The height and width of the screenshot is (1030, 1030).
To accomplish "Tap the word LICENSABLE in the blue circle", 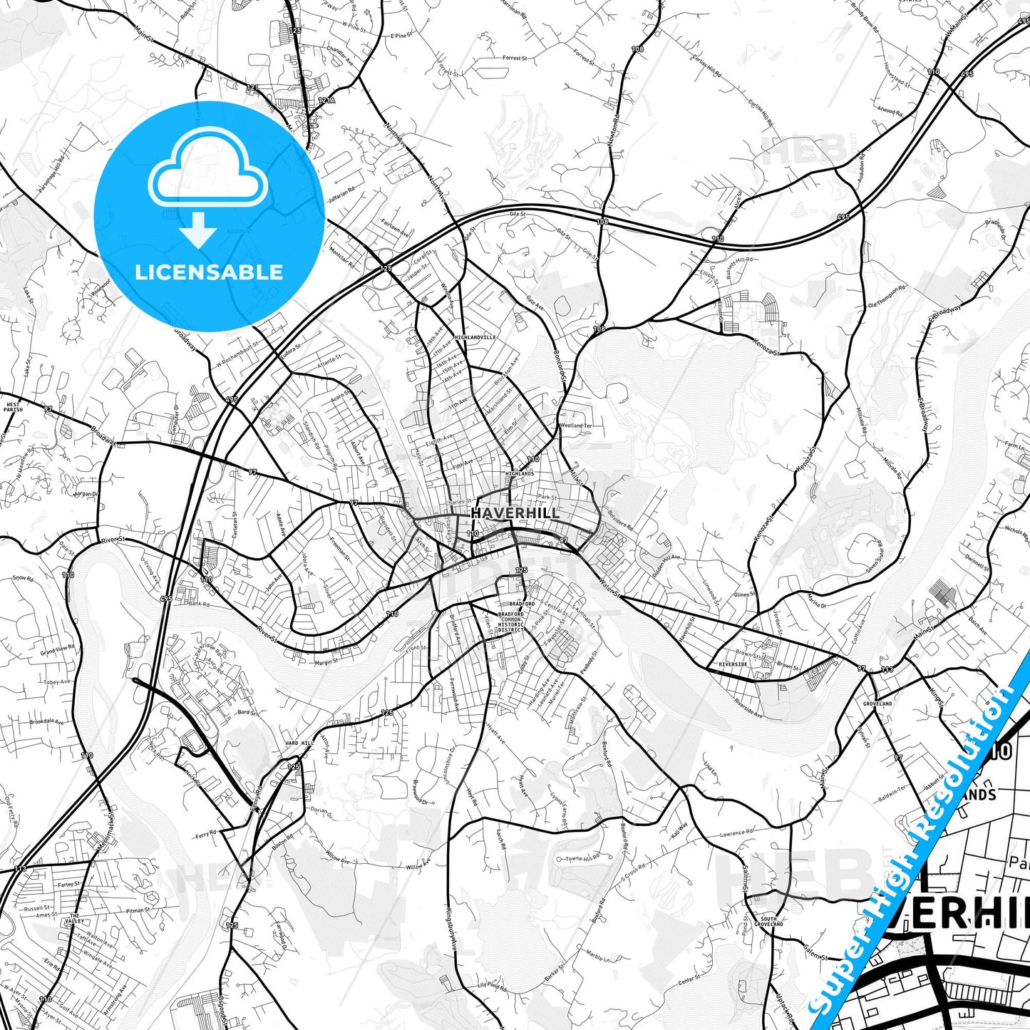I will coord(209,272).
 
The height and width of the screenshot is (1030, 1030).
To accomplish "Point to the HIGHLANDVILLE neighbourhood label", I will coord(474,337).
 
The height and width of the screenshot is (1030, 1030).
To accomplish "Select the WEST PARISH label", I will coord(14,407).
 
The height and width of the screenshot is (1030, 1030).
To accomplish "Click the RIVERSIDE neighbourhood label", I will coord(733,664).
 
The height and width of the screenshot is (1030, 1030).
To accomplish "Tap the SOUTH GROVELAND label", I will coord(768,922).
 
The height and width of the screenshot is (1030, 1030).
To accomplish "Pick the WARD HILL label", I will coord(299,743).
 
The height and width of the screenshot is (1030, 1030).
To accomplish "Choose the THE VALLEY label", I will coord(75,919).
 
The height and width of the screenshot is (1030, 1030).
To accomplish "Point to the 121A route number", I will coord(326,101).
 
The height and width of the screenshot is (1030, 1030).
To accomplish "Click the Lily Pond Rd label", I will coord(492,987).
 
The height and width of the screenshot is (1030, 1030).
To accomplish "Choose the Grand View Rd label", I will coord(57,650).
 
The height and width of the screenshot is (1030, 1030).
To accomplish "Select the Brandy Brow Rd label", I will coord(865,18).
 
